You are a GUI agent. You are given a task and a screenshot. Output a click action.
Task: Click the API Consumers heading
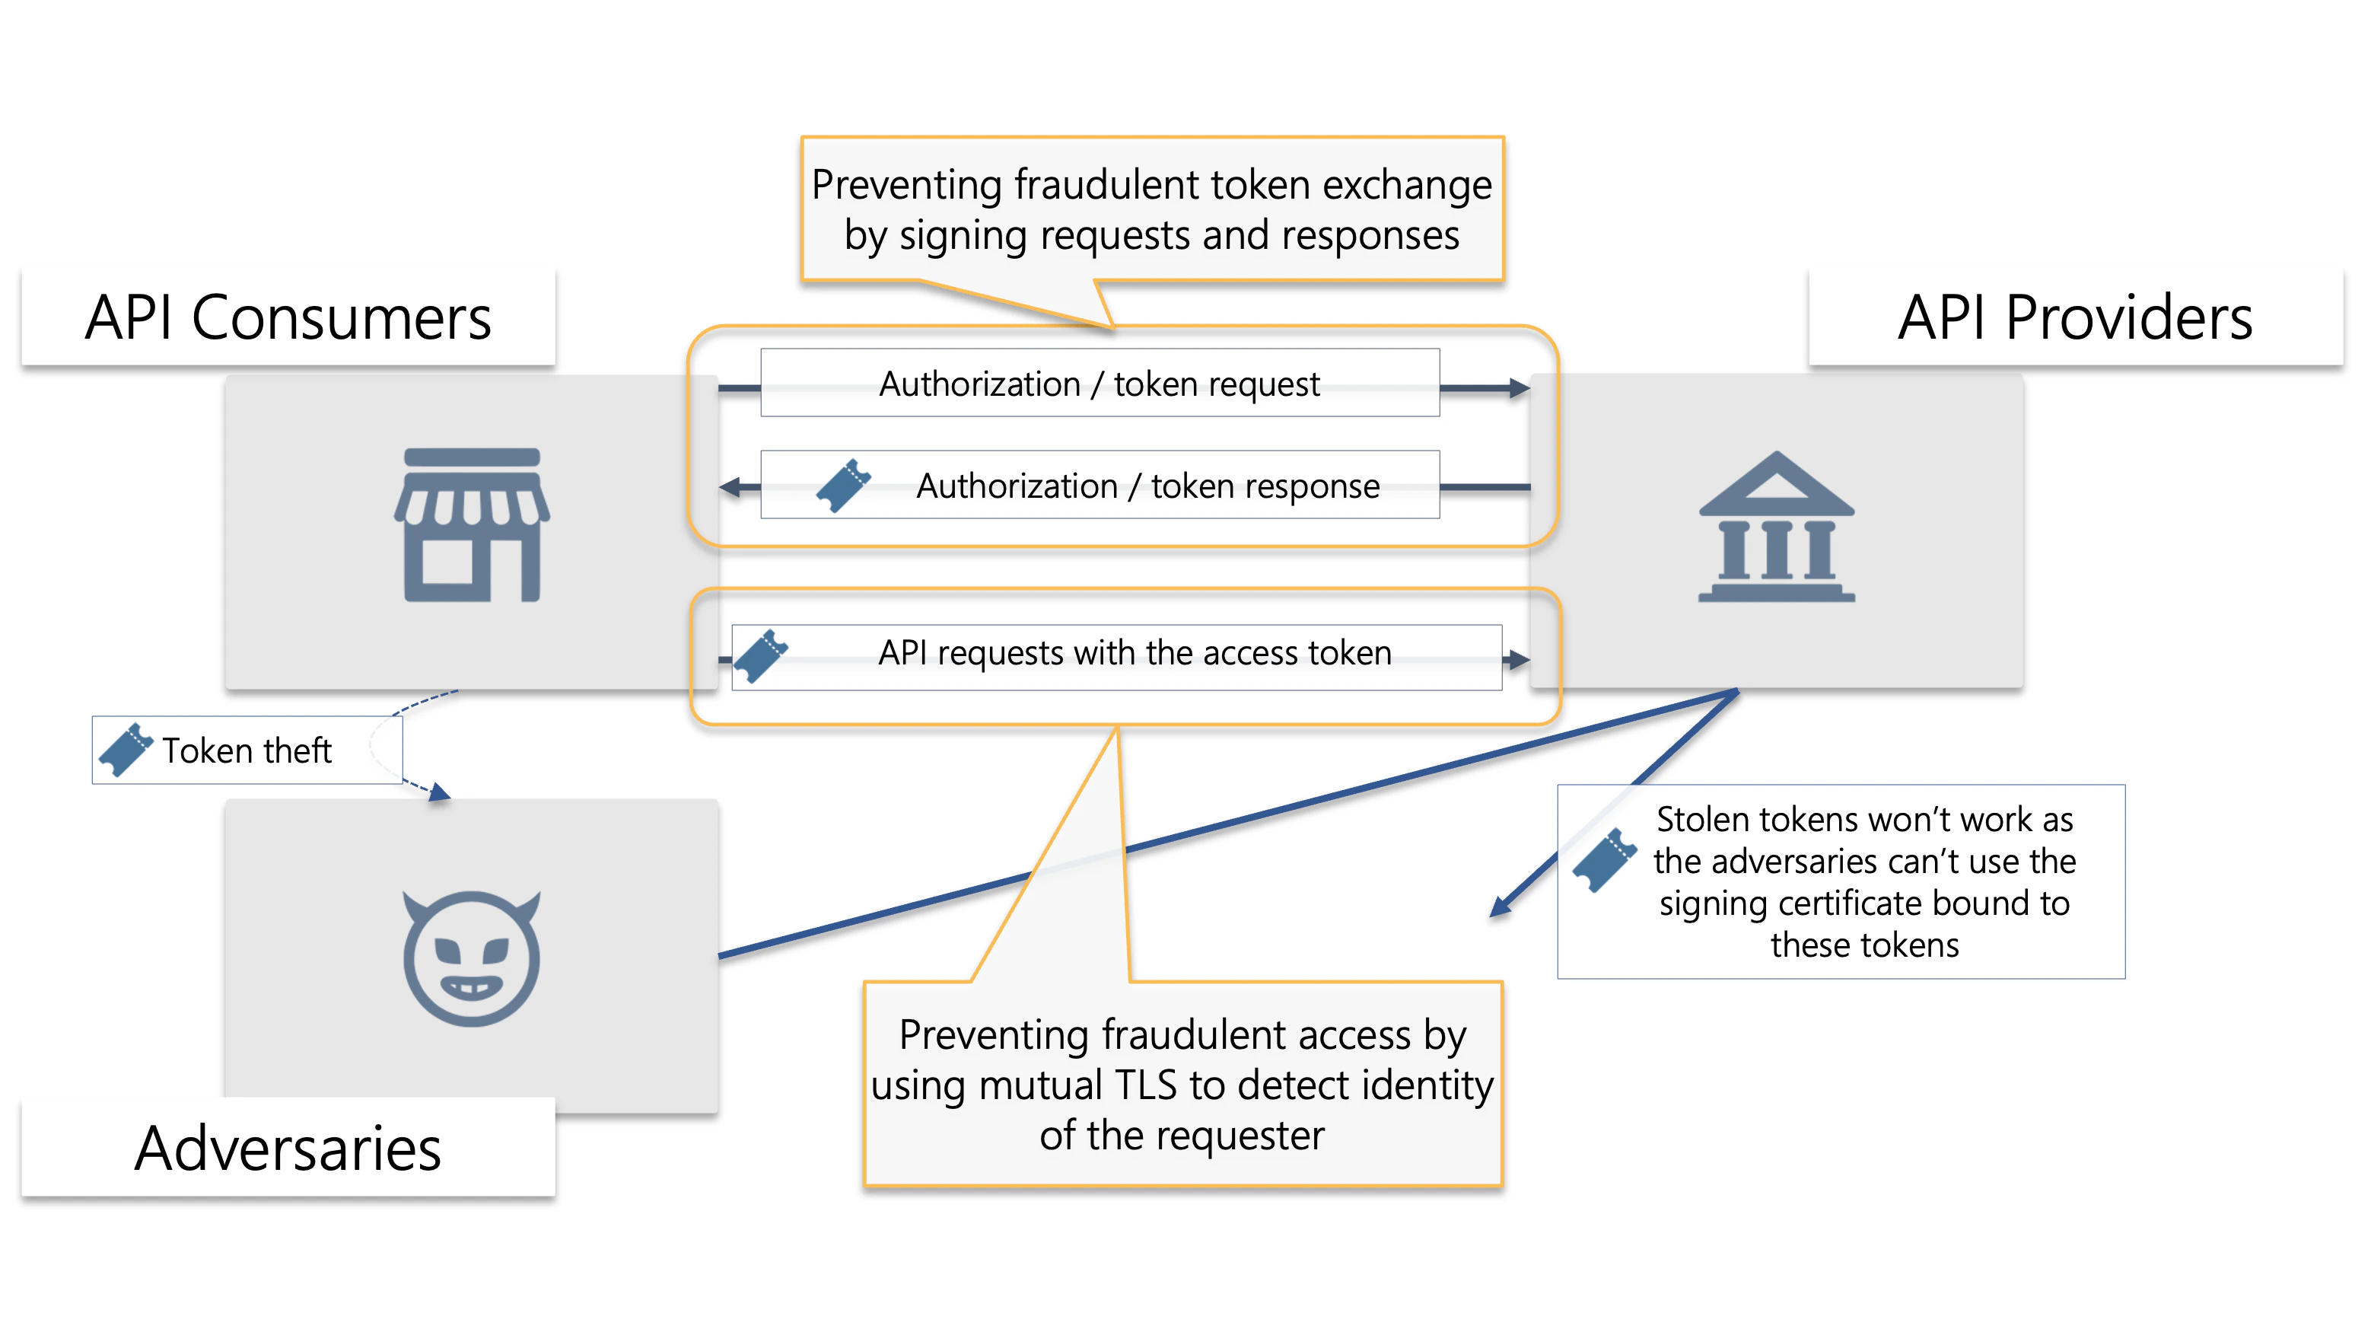click(x=288, y=318)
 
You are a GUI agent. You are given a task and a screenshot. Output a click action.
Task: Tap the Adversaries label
click(x=288, y=1149)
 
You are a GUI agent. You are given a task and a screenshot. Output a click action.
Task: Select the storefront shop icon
click(x=473, y=524)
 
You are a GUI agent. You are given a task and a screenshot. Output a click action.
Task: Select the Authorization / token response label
click(x=1147, y=486)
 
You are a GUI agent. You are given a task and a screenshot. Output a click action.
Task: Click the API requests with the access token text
click(x=1134, y=652)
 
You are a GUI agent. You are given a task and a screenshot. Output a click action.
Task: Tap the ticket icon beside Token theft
click(x=126, y=749)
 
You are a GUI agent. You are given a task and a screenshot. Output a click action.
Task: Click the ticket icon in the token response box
click(x=843, y=485)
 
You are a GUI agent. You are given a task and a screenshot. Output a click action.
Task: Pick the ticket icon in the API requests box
click(x=760, y=656)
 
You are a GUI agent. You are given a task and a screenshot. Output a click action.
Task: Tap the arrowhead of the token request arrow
click(x=1520, y=388)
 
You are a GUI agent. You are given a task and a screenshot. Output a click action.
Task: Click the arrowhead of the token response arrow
click(x=730, y=487)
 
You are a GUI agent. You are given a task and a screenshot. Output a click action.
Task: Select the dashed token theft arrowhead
click(x=440, y=792)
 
